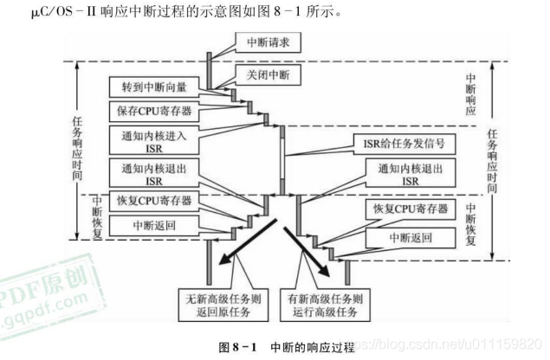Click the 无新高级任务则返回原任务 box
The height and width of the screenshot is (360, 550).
pyautogui.click(x=227, y=302)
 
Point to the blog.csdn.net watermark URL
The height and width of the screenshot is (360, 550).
pyautogui.click(x=450, y=344)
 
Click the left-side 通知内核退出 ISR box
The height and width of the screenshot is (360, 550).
pyautogui.click(x=155, y=174)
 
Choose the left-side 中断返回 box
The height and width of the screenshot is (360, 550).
pyautogui.click(x=155, y=226)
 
